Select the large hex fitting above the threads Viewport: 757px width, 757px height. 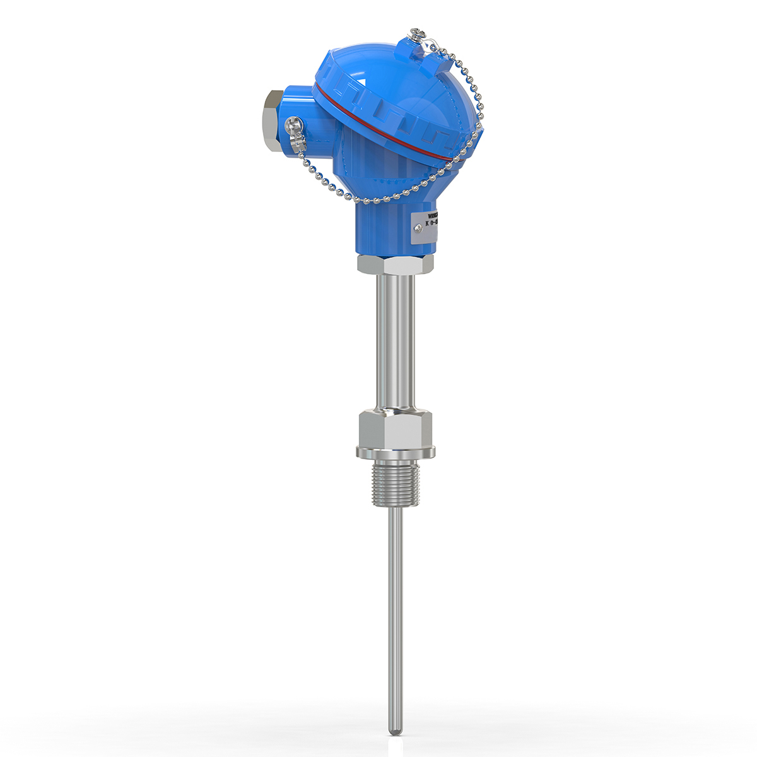pyautogui.click(x=395, y=428)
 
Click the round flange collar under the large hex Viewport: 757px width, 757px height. pyautogui.click(x=395, y=452)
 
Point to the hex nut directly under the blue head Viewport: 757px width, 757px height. pyautogui.click(x=395, y=264)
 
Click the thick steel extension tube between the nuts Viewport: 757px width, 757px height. pyautogui.click(x=395, y=341)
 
